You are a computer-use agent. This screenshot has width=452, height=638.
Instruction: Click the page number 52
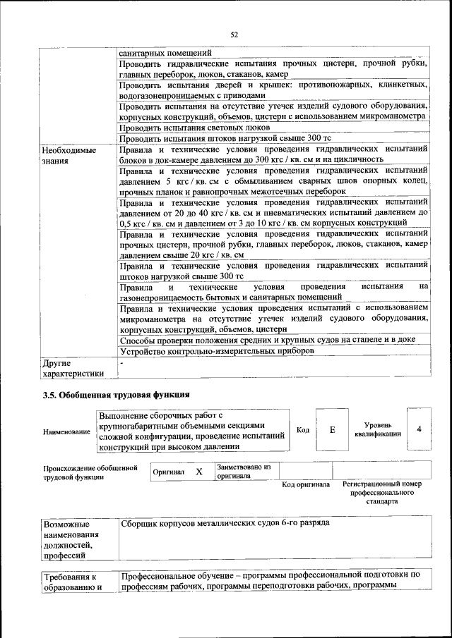coord(234,34)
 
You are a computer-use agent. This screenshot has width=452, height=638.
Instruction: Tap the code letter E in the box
coord(332,429)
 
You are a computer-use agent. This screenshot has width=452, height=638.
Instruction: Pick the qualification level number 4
coord(420,429)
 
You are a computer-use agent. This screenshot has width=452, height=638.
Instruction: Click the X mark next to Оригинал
coord(199,471)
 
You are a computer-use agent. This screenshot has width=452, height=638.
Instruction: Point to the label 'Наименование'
coord(66,431)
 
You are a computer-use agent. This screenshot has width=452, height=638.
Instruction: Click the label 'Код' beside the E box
coord(302,430)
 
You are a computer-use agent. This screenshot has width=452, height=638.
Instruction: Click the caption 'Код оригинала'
coord(306,485)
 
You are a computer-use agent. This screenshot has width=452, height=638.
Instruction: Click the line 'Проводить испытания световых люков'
coord(194,128)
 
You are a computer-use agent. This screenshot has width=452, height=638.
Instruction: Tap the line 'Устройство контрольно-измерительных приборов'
coord(217,351)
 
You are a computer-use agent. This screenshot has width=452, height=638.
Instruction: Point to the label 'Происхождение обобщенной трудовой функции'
coord(90,472)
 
